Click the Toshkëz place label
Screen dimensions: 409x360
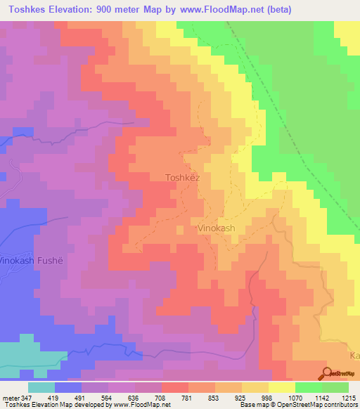pos(182,178)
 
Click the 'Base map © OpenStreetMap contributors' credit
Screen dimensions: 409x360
pos(297,405)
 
